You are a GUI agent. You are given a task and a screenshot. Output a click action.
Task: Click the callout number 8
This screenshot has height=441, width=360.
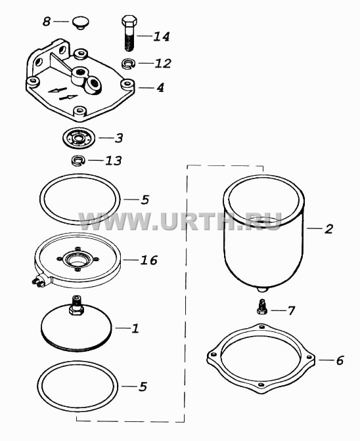tap(47, 22)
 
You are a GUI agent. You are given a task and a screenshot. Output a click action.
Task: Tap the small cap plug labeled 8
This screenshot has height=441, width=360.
tap(80, 23)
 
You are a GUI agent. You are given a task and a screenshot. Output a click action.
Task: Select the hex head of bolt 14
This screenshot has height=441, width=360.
tap(129, 20)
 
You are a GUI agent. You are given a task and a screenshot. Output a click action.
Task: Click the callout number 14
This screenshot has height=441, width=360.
tap(162, 37)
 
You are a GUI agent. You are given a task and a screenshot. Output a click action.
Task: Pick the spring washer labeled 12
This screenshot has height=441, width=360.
tap(129, 63)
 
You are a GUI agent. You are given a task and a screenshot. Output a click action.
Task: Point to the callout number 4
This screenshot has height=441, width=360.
tap(160, 88)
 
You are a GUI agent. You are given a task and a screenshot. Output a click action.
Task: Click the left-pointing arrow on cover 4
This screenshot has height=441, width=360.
tap(57, 90)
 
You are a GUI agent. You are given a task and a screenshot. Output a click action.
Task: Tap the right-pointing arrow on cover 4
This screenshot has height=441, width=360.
tap(68, 97)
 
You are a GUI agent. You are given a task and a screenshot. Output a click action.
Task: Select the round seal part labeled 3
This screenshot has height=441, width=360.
tap(79, 138)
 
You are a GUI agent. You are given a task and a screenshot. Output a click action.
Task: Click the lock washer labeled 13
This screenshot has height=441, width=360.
tap(78, 161)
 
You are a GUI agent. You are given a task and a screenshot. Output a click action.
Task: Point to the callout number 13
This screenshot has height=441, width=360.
tap(114, 161)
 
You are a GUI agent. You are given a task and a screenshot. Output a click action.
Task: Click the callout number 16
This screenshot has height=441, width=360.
tap(148, 260)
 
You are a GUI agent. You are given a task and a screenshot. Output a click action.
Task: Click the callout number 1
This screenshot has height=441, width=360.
tap(135, 328)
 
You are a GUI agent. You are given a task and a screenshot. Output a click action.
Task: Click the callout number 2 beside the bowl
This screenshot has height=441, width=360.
tap(328, 228)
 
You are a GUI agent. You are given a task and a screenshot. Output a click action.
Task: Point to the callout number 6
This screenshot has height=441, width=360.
tap(340, 360)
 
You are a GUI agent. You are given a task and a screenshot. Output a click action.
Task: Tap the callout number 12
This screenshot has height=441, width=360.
tap(163, 63)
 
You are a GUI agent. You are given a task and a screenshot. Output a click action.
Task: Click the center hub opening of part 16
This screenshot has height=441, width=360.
tap(77, 260)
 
